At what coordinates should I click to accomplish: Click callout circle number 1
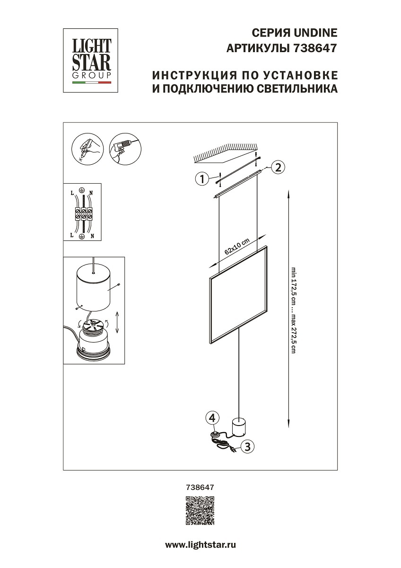pos(202,179)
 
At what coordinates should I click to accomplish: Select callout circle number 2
pos(278,167)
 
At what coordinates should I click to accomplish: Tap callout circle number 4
pos(213,418)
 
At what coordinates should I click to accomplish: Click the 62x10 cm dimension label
pos(237,247)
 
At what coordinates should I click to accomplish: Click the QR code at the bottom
pos(200,511)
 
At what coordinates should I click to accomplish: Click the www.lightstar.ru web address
pos(200,545)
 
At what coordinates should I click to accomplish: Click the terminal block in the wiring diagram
pos(83,213)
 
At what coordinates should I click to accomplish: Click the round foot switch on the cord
pos(215,435)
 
